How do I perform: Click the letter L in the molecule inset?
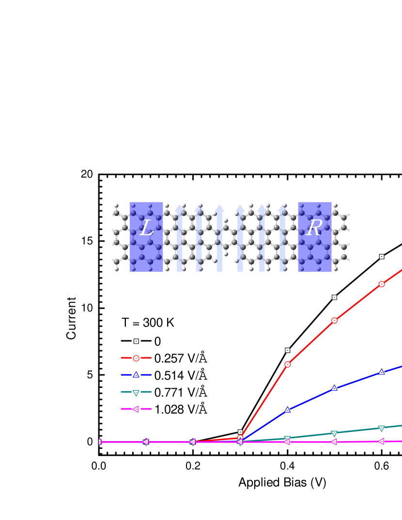146,228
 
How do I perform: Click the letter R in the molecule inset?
314,228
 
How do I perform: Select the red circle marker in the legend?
136,358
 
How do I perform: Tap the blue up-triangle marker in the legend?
136,375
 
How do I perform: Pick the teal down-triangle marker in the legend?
136,392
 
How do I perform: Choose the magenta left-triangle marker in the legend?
136,409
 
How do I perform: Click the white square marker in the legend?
136,342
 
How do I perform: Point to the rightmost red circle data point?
382,284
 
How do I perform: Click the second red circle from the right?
334,320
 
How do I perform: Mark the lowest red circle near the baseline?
240,438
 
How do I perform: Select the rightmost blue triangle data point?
382,372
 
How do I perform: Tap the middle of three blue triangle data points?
334,388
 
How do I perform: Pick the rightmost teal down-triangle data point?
382,428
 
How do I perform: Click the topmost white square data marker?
382,257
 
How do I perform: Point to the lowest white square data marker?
240,432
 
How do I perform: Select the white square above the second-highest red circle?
334,297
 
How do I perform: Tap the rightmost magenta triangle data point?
382,441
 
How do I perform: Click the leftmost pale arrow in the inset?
179,237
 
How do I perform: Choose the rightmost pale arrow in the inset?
282,237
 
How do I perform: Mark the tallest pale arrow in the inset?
219,237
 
